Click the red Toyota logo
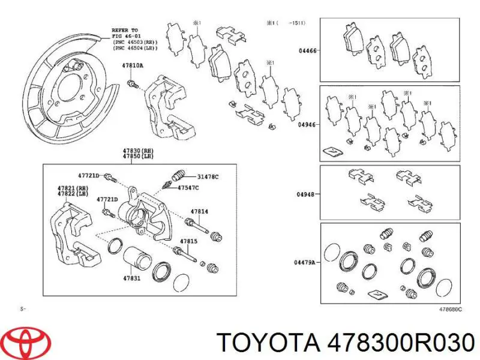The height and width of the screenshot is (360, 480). click(x=29, y=341)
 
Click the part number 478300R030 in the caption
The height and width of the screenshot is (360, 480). click(x=401, y=342)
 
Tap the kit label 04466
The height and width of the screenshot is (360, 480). click(x=308, y=51)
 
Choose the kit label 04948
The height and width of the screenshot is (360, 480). click(x=305, y=194)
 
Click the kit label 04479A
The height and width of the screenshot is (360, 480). click(x=305, y=262)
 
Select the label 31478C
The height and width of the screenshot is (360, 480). click(x=208, y=176)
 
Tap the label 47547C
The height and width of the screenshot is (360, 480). click(x=188, y=188)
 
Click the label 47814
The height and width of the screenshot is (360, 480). click(x=199, y=211)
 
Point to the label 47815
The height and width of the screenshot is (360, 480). click(x=188, y=241)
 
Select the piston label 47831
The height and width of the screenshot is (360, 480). click(x=131, y=278)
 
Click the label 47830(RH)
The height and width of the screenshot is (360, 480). click(x=138, y=151)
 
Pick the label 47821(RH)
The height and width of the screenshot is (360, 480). click(x=73, y=188)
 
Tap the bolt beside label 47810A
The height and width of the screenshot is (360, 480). click(x=133, y=83)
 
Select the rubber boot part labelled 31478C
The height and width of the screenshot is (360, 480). click(x=178, y=175)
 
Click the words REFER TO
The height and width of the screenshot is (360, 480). click(x=125, y=31)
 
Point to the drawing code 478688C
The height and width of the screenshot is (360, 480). click(x=451, y=309)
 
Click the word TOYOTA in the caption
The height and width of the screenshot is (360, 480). click(x=268, y=342)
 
